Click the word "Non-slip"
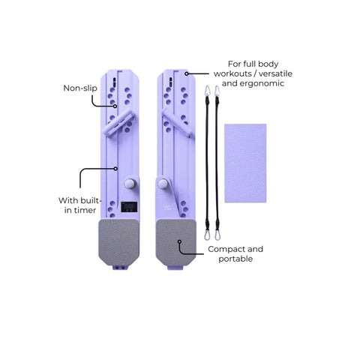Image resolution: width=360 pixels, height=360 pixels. pos(80,88)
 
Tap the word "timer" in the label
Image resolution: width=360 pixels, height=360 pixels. pos(84,210)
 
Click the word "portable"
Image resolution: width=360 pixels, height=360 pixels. pos(235,259)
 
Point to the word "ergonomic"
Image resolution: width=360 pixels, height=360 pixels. pos(265,83)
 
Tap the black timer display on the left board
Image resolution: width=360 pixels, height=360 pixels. pos(129,207)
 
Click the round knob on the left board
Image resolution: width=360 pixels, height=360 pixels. pos(130,184)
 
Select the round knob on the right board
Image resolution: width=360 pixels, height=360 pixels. pos(163,184)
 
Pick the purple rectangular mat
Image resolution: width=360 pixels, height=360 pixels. pos(245,163)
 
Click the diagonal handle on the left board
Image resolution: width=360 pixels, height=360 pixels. pos(119,123)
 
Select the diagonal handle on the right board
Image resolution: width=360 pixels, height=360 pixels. pos(177,123)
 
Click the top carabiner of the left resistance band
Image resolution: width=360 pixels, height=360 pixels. pos(207,91)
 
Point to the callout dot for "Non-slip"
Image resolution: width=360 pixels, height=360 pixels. pos(115,106)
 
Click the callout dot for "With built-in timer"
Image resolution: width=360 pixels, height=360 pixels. pos(115,169)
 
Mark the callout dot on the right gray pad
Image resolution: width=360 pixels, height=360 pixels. pos(179,241)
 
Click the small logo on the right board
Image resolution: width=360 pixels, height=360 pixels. pos(167,207)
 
